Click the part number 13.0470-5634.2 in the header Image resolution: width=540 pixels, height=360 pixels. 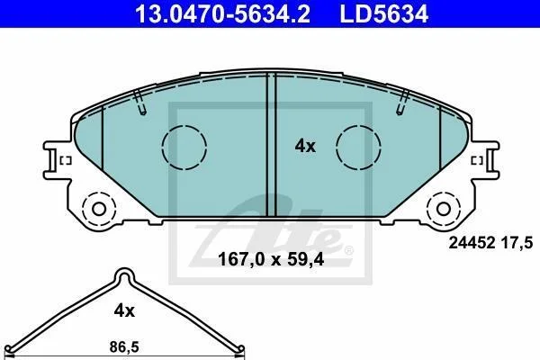click(223, 13)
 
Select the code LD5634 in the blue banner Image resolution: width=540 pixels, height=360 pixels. click(384, 13)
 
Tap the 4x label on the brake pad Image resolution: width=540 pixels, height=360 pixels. click(305, 147)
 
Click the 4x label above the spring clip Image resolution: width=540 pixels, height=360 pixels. click(124, 311)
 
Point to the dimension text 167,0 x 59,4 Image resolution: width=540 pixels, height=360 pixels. click(271, 259)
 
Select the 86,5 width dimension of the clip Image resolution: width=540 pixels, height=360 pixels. click(124, 346)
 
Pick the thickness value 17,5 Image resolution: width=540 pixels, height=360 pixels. click(519, 243)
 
